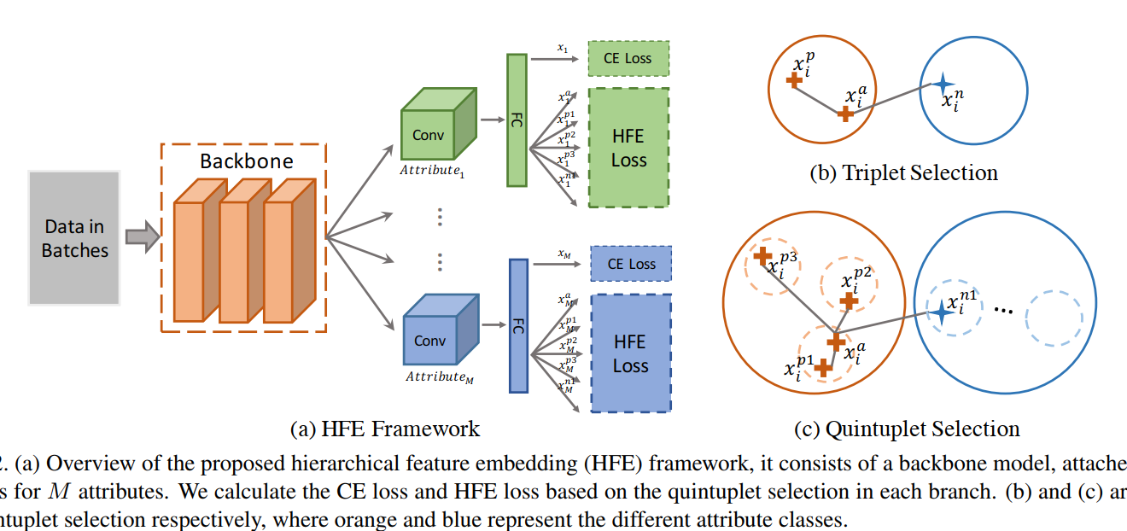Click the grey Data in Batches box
[74, 238]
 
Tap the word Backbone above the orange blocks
[246, 160]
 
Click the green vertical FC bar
[517, 120]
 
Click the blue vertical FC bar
[518, 325]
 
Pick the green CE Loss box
[628, 59]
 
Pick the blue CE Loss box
[631, 264]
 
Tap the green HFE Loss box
[628, 148]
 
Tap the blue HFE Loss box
[631, 353]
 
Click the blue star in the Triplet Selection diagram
[942, 84]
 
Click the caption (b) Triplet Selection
[903, 172]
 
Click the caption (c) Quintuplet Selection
[907, 429]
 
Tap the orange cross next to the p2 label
[849, 301]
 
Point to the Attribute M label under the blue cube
[437, 376]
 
